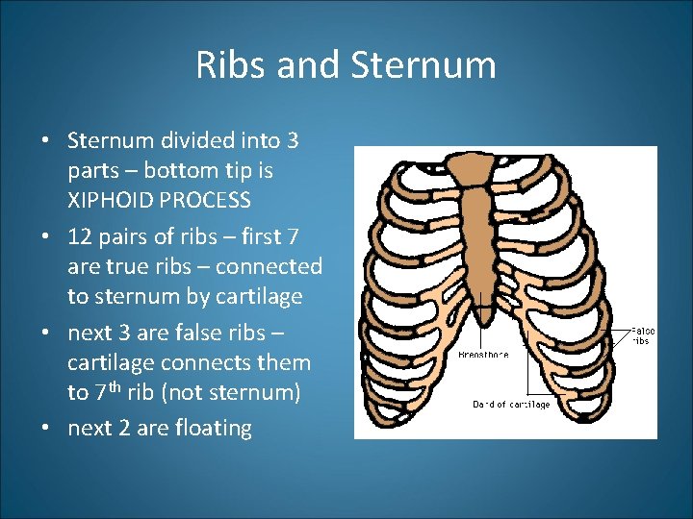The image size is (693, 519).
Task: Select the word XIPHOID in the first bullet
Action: [x=107, y=200]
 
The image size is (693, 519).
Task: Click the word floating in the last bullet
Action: [x=213, y=428]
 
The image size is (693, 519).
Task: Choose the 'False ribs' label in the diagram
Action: [x=642, y=334]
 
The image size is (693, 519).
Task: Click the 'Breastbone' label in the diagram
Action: [x=483, y=355]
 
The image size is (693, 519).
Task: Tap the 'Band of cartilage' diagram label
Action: [x=511, y=405]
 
